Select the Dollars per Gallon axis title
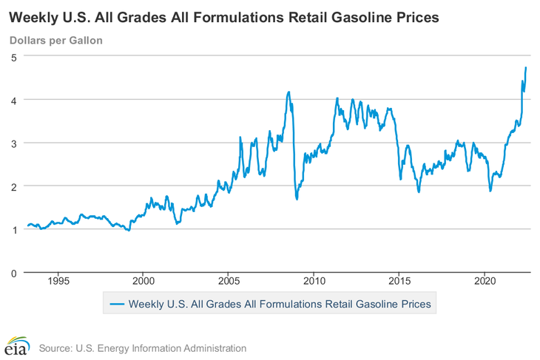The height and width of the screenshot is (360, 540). click(55, 40)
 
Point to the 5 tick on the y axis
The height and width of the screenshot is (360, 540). click(14, 56)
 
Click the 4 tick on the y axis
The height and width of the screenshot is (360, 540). click(14, 100)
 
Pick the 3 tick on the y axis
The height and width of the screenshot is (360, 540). click(14, 143)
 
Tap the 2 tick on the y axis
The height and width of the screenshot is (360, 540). click(14, 186)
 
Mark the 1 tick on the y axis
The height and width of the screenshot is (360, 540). click(14, 230)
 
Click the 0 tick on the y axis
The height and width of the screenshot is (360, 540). click(14, 274)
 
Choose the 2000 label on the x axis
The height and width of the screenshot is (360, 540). click(144, 282)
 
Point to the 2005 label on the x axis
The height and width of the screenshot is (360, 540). click(229, 282)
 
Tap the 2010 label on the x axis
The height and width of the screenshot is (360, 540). click(314, 282)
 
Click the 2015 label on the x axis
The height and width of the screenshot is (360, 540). click(399, 282)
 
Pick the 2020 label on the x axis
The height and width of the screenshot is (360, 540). click(485, 282)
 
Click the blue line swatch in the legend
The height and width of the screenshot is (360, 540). click(117, 302)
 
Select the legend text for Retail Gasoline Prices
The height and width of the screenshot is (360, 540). click(281, 302)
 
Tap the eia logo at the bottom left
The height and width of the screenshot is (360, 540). click(16, 345)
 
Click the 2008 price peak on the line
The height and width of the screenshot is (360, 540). click(288, 92)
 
